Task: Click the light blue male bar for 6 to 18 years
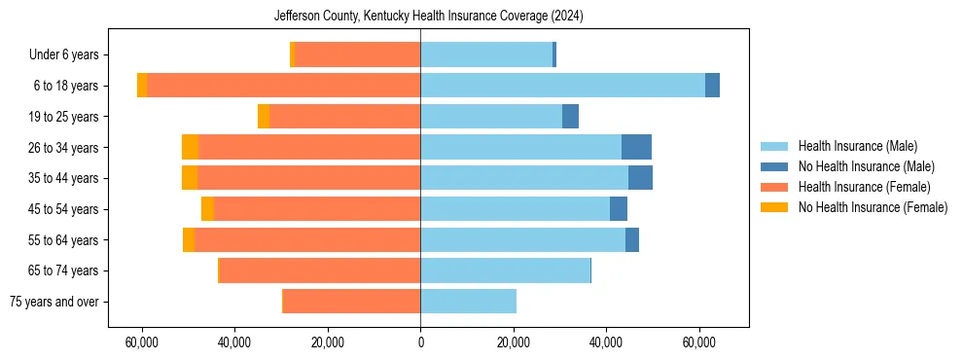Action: click(x=562, y=86)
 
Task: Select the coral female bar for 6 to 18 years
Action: click(x=284, y=86)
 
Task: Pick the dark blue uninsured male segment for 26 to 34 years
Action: click(x=636, y=147)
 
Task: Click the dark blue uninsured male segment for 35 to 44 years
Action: click(x=640, y=178)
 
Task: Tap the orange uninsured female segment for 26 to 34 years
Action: click(x=190, y=147)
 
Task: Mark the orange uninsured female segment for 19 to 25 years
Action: click(x=264, y=117)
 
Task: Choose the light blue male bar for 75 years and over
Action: click(x=468, y=302)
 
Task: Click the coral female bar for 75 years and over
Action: click(x=351, y=302)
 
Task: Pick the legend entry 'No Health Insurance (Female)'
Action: click(x=873, y=207)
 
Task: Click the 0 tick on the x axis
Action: click(x=420, y=342)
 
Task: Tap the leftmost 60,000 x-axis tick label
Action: click(x=142, y=342)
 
